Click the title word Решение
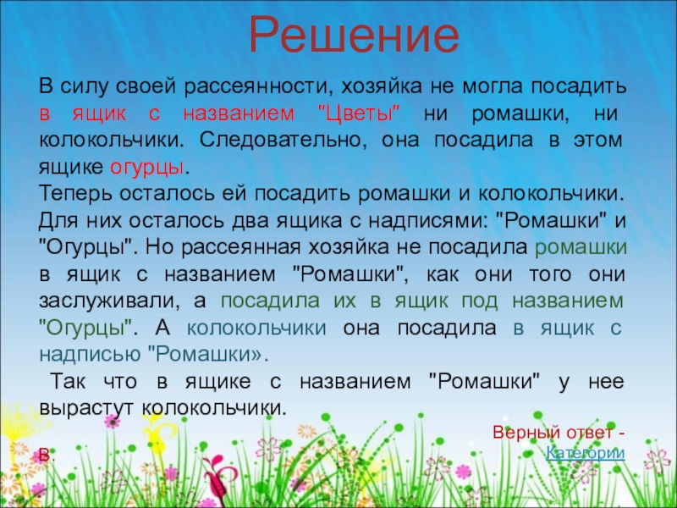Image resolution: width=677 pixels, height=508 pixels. point(354,35)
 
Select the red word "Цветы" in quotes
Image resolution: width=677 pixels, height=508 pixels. point(359,113)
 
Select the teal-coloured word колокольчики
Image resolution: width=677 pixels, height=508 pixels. point(256,328)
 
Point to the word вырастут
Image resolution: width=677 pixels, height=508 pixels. point(86,408)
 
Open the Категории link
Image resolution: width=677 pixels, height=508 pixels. point(586,453)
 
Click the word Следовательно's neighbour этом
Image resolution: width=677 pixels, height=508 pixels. point(598,141)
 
